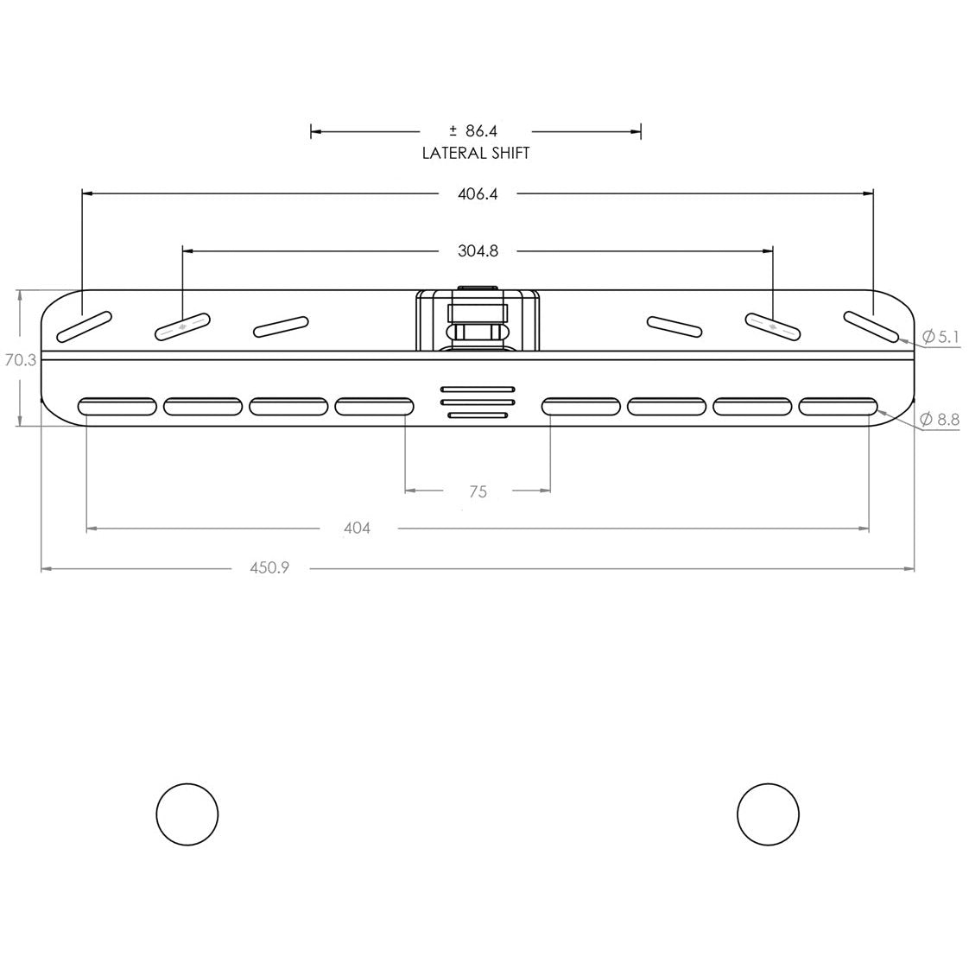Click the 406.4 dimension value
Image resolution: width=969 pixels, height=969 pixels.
point(478,194)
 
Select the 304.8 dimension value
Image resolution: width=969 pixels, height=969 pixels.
point(478,251)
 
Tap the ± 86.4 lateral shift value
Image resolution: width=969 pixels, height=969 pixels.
point(473,131)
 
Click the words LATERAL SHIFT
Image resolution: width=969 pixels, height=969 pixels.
point(475,153)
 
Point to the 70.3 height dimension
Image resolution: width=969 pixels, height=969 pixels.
point(20,360)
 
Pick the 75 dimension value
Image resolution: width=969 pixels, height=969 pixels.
point(478,491)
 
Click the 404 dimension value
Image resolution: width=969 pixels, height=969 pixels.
point(357,528)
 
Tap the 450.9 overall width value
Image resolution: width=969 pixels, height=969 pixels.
point(269,568)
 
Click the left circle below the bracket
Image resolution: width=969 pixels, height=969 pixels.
point(187,814)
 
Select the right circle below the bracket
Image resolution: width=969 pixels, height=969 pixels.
point(769,814)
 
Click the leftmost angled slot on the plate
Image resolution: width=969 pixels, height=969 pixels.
point(84,325)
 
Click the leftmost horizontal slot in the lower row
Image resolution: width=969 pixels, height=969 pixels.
point(117,406)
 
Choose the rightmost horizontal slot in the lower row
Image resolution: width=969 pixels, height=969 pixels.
point(838,406)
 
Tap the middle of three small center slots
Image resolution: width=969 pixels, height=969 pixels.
point(478,402)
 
